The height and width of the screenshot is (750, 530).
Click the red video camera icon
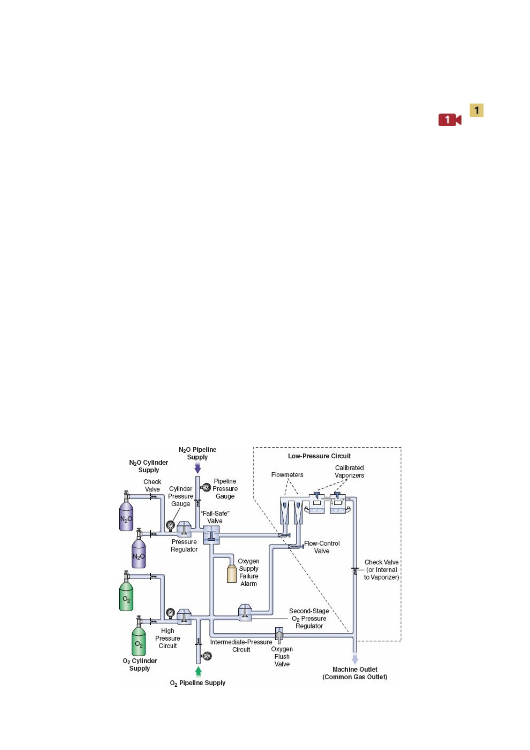450,120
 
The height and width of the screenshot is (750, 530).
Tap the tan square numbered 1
477,110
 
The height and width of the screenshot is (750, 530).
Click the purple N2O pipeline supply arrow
198,468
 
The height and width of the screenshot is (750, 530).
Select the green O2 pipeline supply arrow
198,671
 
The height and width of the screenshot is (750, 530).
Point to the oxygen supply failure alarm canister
232,573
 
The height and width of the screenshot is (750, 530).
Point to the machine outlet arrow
355,659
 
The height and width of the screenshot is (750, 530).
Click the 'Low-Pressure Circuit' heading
319,456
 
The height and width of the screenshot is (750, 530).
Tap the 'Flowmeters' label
287,475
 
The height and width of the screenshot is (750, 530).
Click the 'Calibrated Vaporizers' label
350,472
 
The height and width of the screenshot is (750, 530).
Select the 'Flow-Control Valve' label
322,547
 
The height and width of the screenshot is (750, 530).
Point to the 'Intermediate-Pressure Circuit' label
241,646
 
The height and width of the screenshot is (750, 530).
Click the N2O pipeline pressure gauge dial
206,488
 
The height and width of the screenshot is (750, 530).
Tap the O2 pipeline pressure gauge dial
206,656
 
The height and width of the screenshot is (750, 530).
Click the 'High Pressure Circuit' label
168,638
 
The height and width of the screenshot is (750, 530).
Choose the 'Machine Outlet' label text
355,669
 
